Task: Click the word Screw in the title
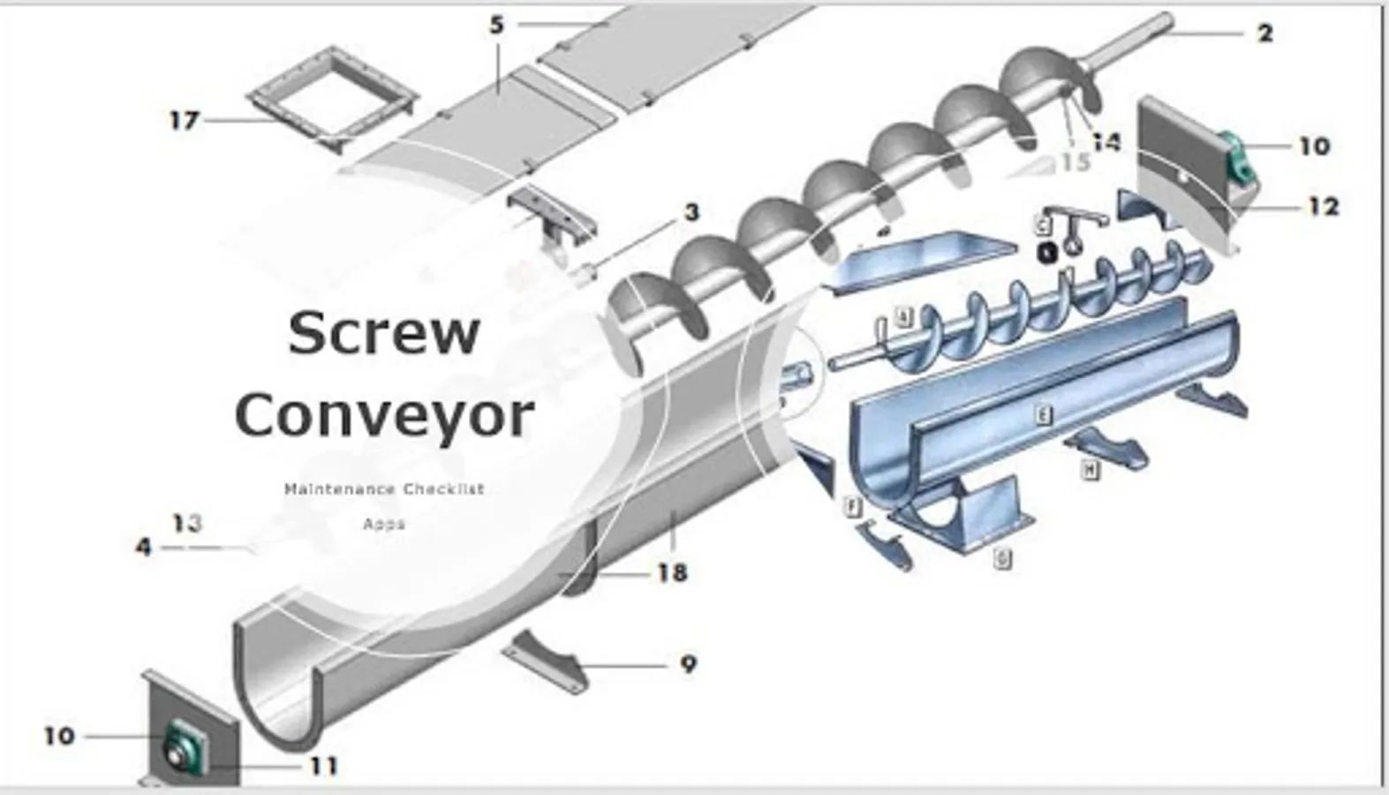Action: [384, 333]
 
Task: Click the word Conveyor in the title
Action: [384, 415]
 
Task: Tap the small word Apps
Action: [384, 524]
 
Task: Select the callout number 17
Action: [185, 119]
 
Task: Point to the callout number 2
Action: [1265, 34]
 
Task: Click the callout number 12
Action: [1323, 206]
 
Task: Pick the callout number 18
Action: [672, 573]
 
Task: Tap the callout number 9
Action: [689, 663]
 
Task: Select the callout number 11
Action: [323, 766]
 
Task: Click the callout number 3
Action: [691, 212]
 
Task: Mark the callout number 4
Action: [143, 548]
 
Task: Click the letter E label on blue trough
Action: [1044, 414]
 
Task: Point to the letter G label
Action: [1002, 558]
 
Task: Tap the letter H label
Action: [1091, 471]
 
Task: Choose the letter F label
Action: [852, 507]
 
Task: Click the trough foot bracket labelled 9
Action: [546, 661]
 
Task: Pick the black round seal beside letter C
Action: [1046, 253]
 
